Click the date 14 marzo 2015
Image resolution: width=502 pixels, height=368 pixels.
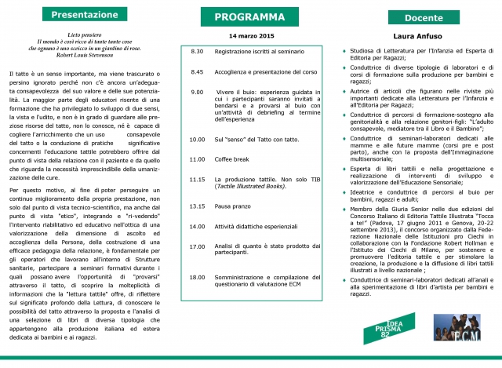click(248, 36)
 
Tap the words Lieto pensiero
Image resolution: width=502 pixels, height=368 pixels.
click(83, 36)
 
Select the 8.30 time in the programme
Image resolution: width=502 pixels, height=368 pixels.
click(198, 51)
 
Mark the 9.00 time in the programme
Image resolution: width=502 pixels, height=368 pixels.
click(198, 92)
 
